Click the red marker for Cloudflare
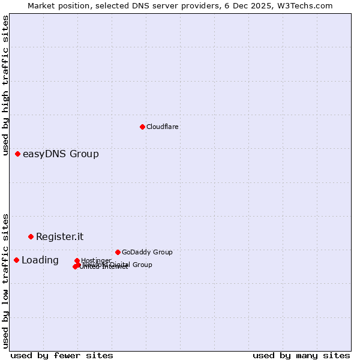tap(142, 127)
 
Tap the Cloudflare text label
tap(162, 127)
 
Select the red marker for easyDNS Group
tap(18, 154)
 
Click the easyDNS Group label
tap(61, 154)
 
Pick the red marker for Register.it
tap(31, 236)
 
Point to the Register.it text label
tap(59, 236)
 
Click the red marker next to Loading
tap(17, 260)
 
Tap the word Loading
tap(40, 260)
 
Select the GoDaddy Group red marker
tap(118, 252)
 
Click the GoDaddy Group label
tap(147, 252)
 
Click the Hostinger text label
tap(96, 260)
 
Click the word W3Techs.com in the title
tap(308, 5)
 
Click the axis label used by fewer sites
tap(62, 355)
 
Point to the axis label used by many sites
tap(301, 355)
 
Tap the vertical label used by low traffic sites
tap(6, 281)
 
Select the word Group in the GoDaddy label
tap(161, 252)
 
